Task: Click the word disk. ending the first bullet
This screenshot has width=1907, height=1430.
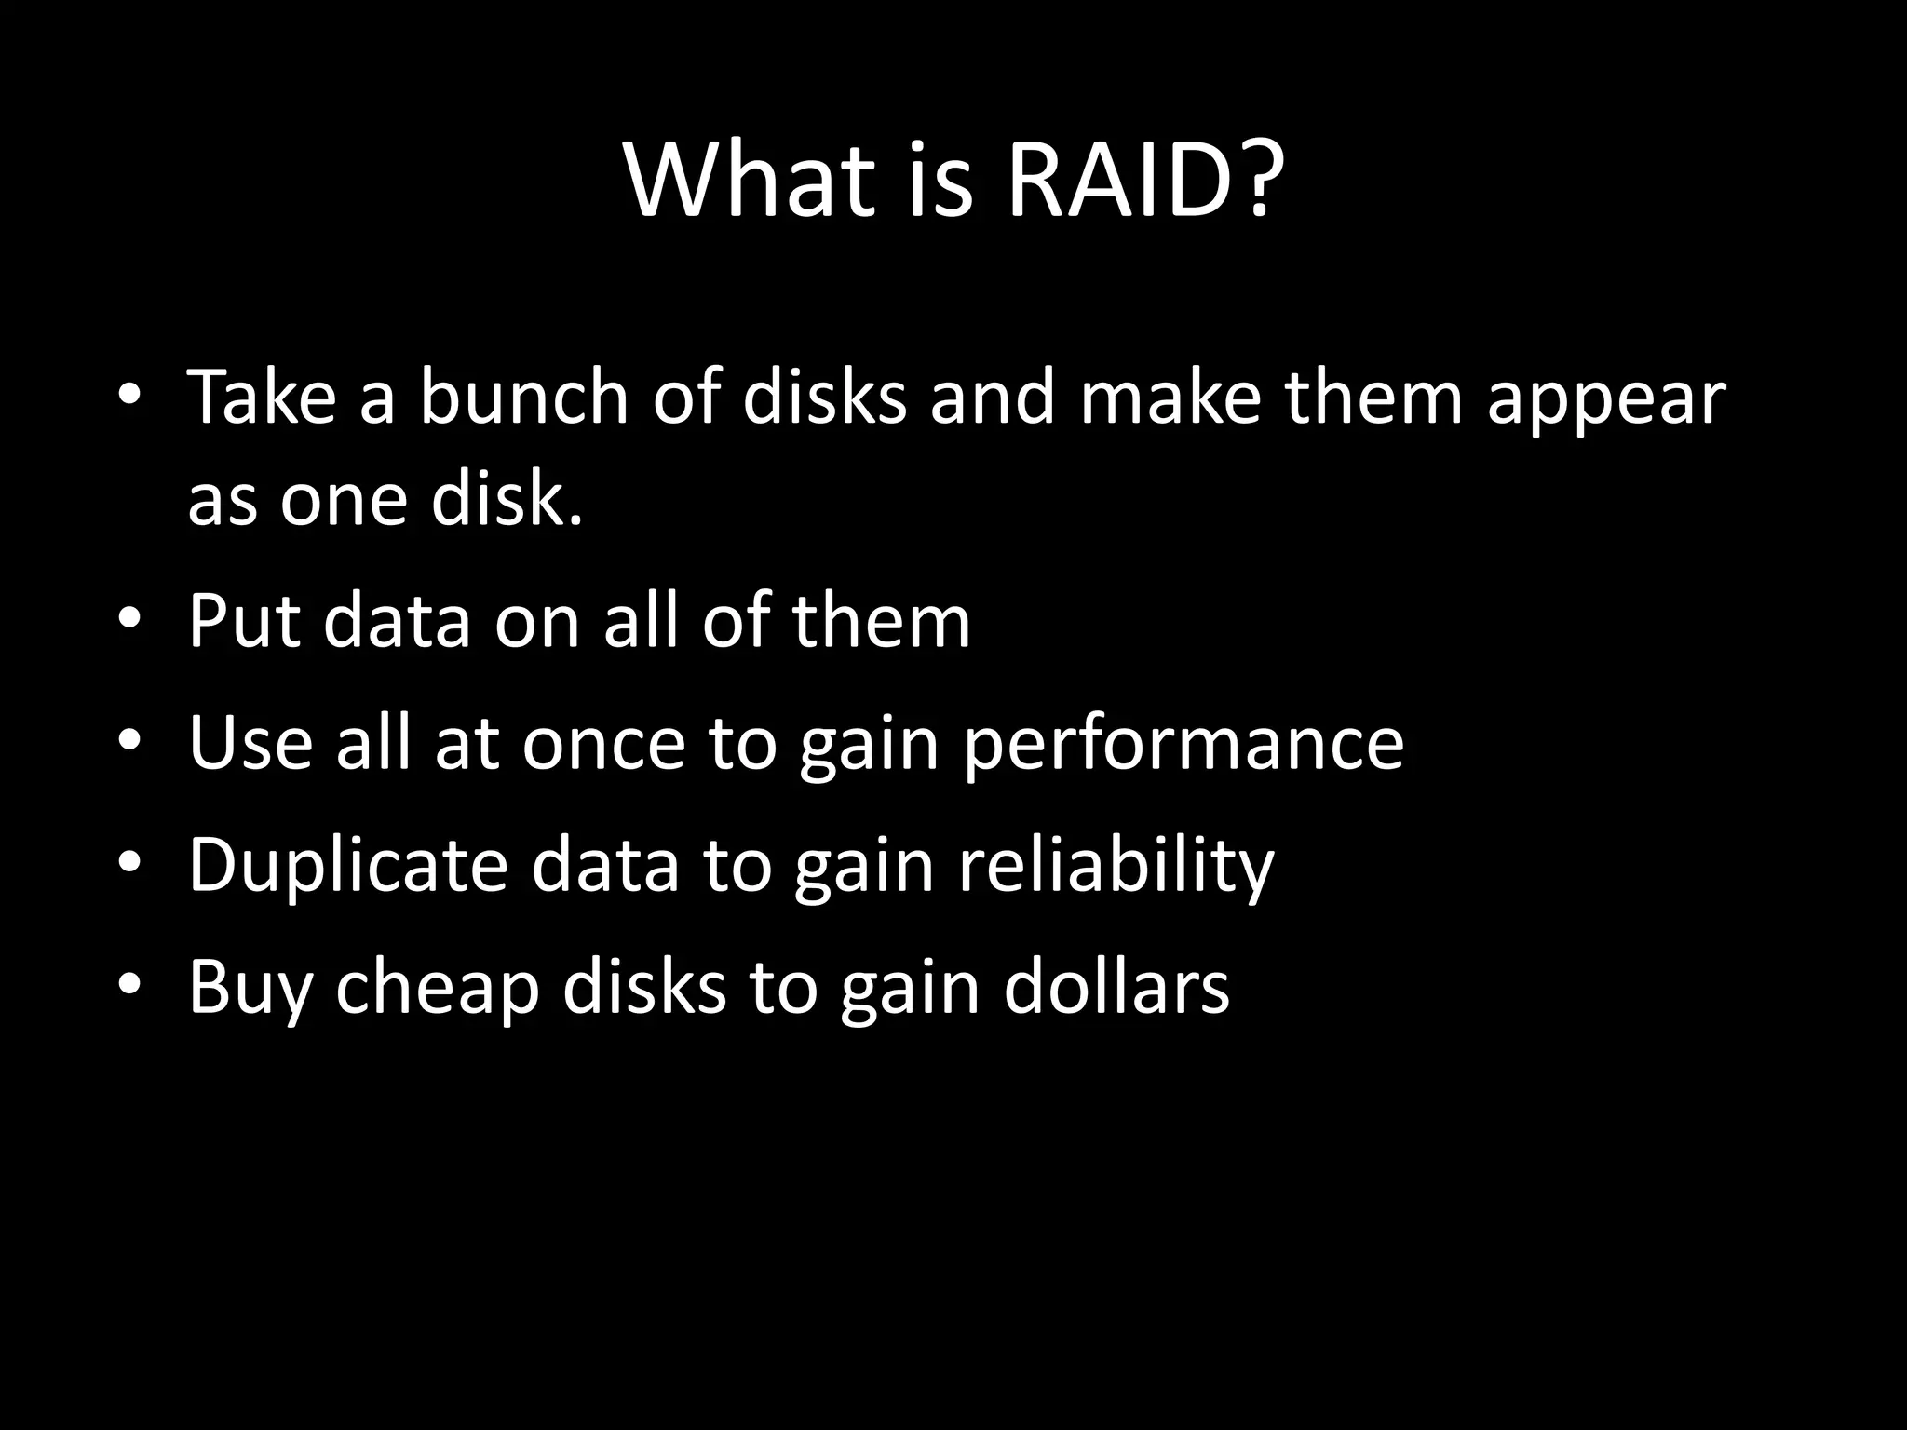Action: [x=507, y=498]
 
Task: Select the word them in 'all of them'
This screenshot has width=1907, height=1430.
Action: [x=881, y=621]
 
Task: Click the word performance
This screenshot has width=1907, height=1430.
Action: [x=1183, y=745]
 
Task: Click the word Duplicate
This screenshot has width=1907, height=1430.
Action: [x=347, y=866]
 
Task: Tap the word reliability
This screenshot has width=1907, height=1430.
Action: [x=1116, y=866]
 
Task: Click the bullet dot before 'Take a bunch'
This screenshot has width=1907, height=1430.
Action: [x=129, y=396]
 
